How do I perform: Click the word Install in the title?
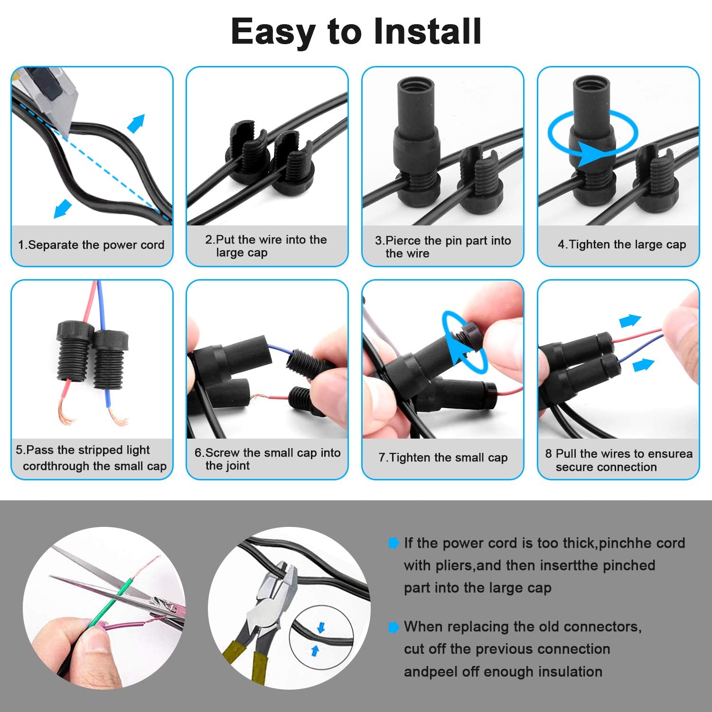[427, 31]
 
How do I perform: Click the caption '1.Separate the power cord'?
[91, 245]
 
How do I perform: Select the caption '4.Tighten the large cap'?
[622, 244]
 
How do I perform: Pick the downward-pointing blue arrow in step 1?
[62, 209]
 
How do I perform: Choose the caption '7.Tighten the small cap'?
[443, 458]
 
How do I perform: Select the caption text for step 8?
[618, 460]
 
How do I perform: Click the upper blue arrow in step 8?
[631, 321]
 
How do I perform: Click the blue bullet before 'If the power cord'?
[393, 543]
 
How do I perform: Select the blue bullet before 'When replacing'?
[393, 627]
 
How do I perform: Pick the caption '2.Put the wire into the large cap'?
[266, 246]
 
